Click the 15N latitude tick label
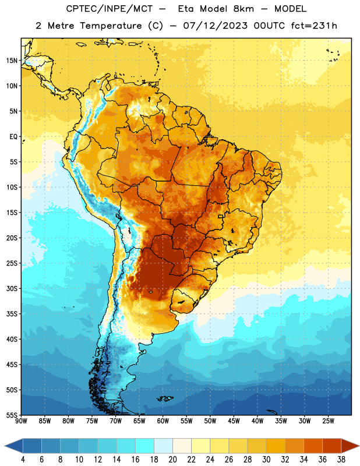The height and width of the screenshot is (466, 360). (x=12, y=61)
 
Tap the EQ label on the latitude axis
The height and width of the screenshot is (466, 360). (x=13, y=137)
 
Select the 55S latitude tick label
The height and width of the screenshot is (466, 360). (x=12, y=415)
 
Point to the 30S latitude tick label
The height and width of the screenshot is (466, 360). (x=12, y=288)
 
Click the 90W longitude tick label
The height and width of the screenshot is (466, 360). (x=21, y=421)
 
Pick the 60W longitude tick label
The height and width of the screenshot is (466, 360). (x=163, y=421)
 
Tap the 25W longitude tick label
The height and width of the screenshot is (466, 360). (x=328, y=421)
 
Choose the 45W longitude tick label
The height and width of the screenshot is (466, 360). (x=234, y=421)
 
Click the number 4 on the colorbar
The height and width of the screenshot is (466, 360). (x=23, y=460)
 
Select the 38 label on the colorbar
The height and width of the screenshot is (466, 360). (x=341, y=460)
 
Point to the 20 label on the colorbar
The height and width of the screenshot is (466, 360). (x=172, y=460)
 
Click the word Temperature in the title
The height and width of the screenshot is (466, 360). (x=111, y=26)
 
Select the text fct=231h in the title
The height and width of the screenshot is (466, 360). (x=314, y=26)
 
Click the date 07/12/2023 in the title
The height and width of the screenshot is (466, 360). (x=215, y=26)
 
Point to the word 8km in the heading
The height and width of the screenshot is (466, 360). (x=243, y=9)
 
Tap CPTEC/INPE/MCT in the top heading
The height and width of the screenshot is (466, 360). (x=109, y=9)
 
